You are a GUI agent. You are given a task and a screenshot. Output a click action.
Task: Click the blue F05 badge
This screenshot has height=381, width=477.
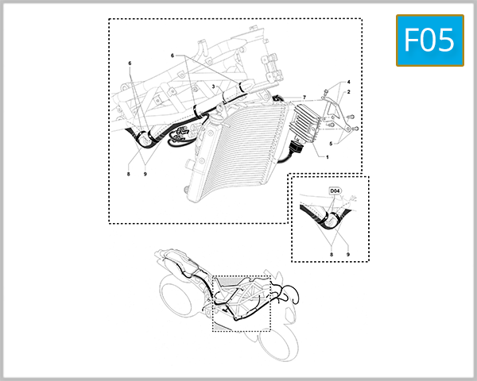tap(429, 40)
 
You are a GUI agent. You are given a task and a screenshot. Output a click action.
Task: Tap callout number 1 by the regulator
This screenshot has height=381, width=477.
tap(326, 157)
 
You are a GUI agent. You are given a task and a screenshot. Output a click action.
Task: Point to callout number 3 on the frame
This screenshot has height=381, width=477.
tap(347, 83)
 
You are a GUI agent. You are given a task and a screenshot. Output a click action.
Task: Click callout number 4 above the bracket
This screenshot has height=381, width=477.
tap(331, 144)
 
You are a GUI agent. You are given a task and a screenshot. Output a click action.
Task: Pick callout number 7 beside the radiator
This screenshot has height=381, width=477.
tap(303, 97)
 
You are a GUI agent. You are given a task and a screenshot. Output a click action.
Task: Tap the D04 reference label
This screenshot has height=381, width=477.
tap(336, 191)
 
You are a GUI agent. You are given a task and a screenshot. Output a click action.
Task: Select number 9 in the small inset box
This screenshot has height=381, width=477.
tap(348, 255)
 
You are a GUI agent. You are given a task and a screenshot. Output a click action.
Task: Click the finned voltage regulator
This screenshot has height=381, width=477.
tap(304, 125)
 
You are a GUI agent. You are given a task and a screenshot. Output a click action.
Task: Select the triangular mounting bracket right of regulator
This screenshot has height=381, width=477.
tap(342, 119)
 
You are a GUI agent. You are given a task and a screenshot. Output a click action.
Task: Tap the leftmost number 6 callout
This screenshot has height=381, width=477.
tap(130, 63)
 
